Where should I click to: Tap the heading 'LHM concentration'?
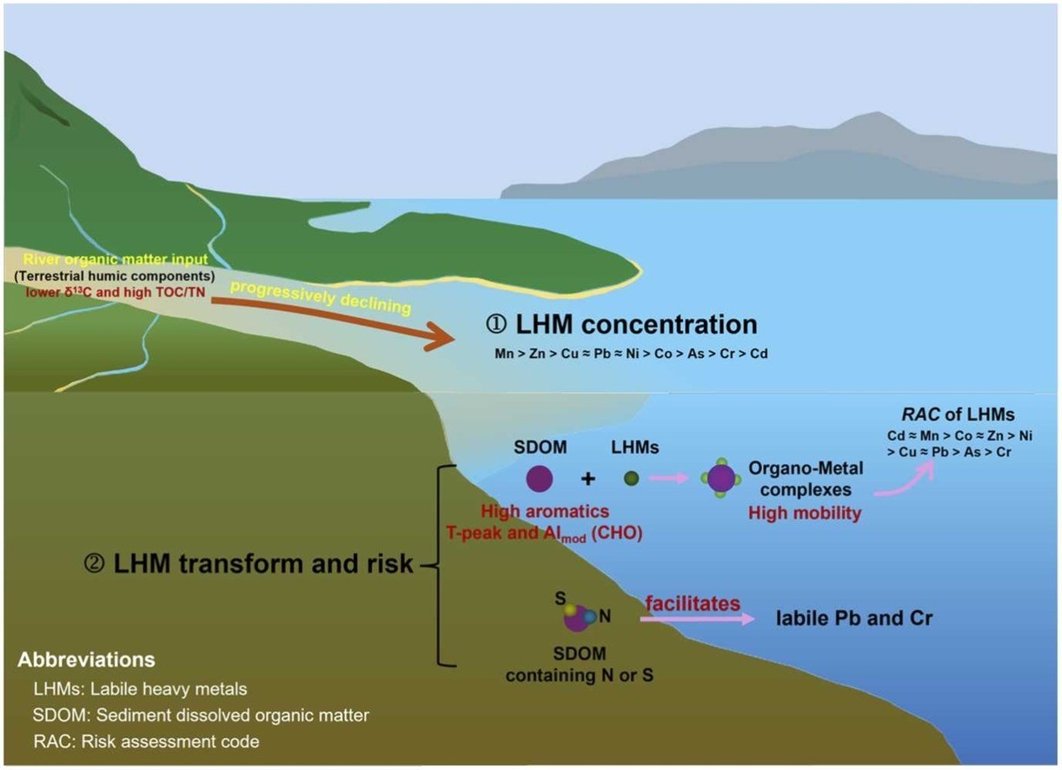[621, 324]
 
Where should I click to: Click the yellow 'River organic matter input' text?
[103, 258]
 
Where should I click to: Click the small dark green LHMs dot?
[632, 478]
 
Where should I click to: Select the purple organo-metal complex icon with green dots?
[720, 478]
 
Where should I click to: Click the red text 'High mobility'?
[805, 514]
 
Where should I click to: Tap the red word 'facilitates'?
[693, 602]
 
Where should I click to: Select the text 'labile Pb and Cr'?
[854, 619]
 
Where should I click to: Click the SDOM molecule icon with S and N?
[577, 616]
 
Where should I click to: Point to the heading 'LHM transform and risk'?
[262, 563]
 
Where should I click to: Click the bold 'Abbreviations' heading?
[86, 659]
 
